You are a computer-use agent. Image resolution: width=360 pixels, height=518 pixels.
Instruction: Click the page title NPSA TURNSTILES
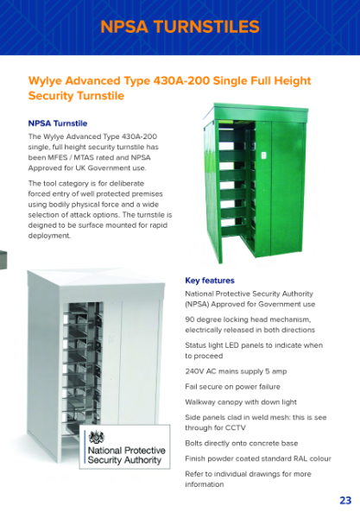click(180, 27)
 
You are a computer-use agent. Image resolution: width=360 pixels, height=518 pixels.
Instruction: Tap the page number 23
click(344, 501)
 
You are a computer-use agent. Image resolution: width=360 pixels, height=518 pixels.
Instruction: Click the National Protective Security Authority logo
click(123, 448)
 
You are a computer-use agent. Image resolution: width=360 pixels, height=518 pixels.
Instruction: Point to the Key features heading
click(210, 281)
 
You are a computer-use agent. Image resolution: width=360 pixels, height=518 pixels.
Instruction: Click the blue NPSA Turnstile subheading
click(58, 123)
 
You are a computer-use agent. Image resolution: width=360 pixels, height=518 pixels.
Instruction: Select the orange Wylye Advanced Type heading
click(169, 87)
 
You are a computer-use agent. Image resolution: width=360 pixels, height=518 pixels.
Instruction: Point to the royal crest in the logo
click(97, 437)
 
